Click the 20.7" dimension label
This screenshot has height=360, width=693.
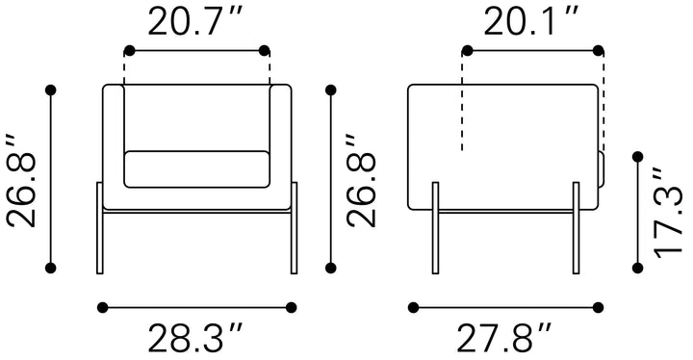click(x=195, y=22)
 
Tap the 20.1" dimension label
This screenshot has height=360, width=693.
click(x=531, y=22)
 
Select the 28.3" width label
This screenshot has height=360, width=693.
click(x=195, y=339)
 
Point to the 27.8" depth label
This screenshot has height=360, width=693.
click(x=504, y=339)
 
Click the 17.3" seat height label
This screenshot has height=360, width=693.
click(x=668, y=213)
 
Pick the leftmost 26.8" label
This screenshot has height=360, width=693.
click(x=21, y=180)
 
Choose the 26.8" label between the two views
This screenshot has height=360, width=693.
click(x=361, y=180)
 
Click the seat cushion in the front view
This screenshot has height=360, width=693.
click(x=196, y=169)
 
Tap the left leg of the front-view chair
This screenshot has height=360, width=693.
click(x=100, y=228)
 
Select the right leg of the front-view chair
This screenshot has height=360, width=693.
click(x=294, y=228)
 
